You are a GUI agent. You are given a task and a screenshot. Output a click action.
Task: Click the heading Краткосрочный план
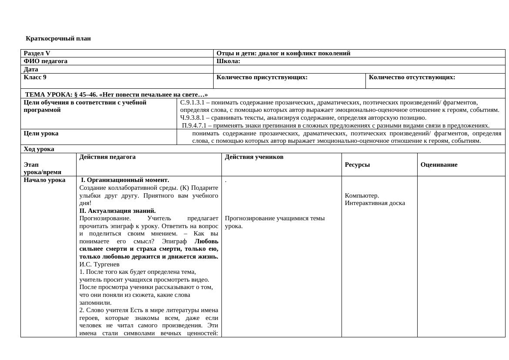58,38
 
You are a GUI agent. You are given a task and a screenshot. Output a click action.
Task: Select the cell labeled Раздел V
37,54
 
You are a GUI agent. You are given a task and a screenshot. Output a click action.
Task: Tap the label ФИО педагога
46,61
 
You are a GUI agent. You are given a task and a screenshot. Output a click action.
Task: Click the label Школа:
228,61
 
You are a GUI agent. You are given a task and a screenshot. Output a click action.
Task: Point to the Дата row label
31,69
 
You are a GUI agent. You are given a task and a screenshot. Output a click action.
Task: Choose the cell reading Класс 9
35,77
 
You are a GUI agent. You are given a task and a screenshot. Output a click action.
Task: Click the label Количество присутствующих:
262,77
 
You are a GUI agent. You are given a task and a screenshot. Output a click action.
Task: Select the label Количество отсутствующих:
412,77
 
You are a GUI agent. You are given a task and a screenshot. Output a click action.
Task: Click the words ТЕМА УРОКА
48,94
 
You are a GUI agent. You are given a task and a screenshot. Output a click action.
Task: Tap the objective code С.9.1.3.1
192,102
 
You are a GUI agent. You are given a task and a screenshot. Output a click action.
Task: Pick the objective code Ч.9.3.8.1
192,118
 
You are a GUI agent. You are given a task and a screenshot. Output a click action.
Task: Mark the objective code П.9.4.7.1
194,125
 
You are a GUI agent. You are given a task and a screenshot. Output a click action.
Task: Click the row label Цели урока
41,134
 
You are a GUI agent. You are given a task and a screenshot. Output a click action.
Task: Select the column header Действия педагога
107,157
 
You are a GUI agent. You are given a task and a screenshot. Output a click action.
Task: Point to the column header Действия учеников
254,157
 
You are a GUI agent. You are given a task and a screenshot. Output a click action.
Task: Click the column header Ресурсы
357,165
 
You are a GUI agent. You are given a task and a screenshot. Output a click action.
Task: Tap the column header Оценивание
439,165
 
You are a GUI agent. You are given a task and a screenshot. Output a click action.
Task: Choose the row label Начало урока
44,180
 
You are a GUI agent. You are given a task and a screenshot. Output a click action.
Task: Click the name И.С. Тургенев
99,264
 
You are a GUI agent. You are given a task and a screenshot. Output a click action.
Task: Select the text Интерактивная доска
375,203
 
